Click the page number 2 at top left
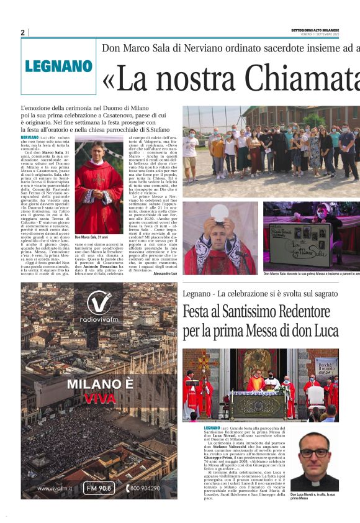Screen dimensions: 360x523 coord(22,32)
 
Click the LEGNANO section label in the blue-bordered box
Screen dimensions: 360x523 coord(58,66)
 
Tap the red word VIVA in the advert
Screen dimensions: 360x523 coord(99,398)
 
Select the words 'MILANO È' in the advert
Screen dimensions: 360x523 coord(99,384)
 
